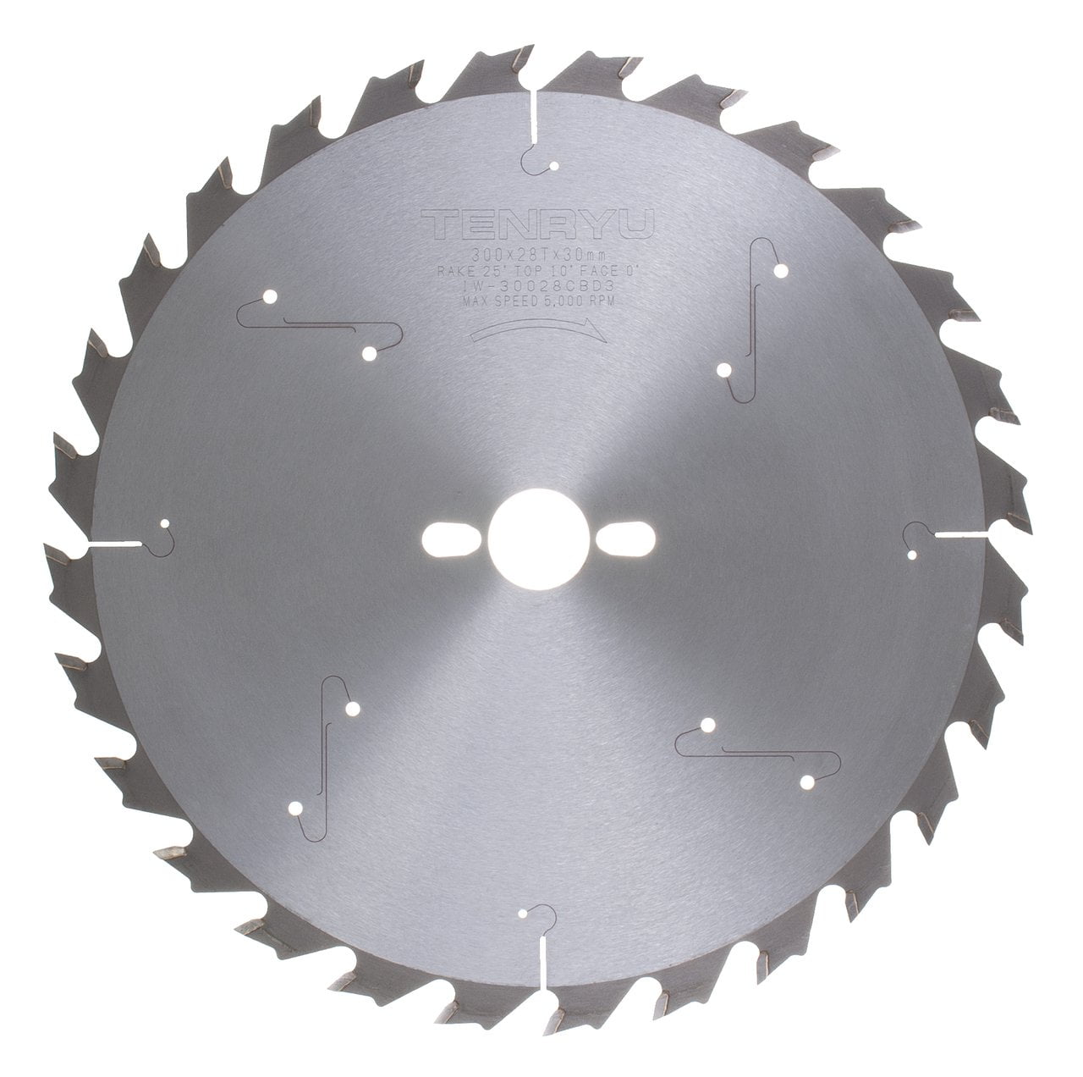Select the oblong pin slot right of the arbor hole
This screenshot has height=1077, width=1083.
tap(628, 538)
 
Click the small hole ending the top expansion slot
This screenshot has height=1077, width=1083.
tap(552, 166)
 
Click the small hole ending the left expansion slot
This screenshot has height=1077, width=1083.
tap(165, 524)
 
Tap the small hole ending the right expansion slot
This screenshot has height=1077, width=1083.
tap(913, 555)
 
